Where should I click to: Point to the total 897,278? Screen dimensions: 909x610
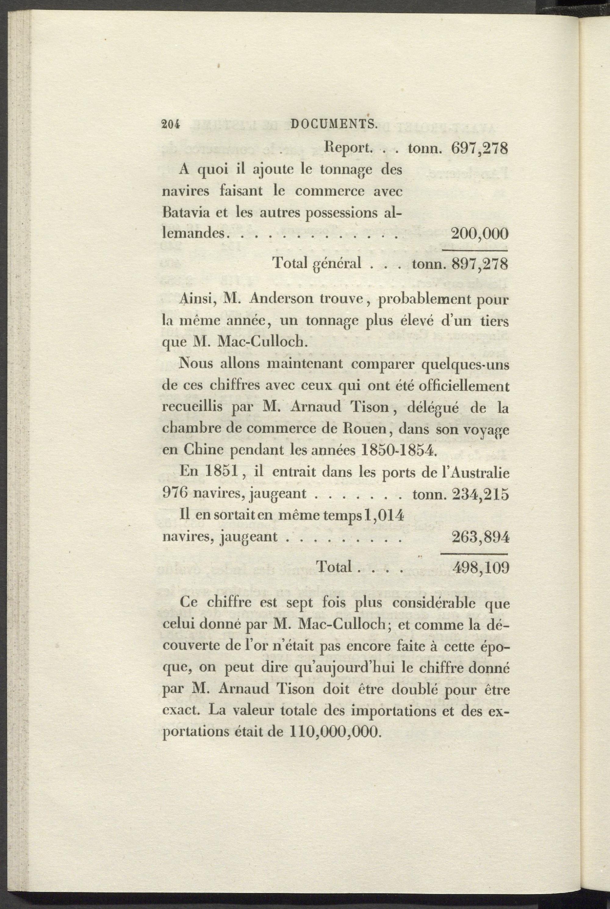click(x=480, y=264)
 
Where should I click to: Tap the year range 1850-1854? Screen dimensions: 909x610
click(x=400, y=450)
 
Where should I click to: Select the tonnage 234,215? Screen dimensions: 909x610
click(x=480, y=494)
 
